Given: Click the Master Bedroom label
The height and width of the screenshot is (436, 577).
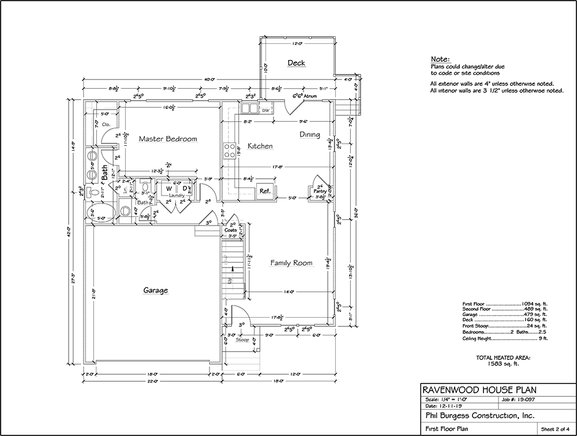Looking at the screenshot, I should pyautogui.click(x=168, y=139).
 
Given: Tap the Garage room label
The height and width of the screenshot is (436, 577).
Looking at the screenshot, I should pyautogui.click(x=156, y=291).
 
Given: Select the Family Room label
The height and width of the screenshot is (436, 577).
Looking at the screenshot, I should pyautogui.click(x=291, y=263).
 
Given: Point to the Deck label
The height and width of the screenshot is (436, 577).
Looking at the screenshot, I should pyautogui.click(x=296, y=63).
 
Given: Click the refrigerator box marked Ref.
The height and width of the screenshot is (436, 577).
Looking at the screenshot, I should pyautogui.click(x=265, y=191).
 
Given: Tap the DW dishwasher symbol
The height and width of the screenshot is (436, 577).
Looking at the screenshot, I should pyautogui.click(x=266, y=110).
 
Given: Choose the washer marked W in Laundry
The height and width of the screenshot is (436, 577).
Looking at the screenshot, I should pyautogui.click(x=170, y=189).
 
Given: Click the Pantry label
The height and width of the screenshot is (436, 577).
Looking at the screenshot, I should pyautogui.click(x=320, y=191).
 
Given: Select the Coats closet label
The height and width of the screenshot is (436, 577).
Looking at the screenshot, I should pyautogui.click(x=230, y=230).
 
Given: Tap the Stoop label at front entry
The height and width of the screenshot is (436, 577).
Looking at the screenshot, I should pyautogui.click(x=242, y=341).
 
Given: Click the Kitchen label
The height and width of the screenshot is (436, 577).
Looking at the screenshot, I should pyautogui.click(x=260, y=146).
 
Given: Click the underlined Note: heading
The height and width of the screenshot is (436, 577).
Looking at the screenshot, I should pyautogui.click(x=440, y=60).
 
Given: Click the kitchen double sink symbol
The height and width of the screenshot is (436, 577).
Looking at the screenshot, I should pyautogui.click(x=249, y=108).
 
